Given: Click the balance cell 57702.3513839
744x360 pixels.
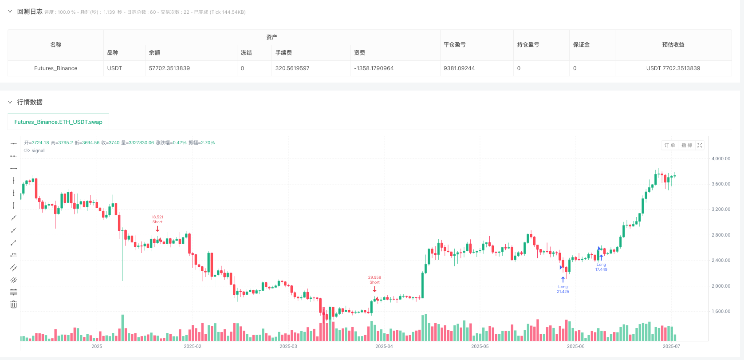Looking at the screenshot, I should point(169,68).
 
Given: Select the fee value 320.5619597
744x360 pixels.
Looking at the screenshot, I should point(292,68).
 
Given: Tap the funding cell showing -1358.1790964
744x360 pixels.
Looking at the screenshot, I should point(374,68).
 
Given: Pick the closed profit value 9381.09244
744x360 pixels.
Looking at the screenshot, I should point(459,68).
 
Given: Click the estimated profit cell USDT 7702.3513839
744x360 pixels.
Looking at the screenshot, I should point(673,68).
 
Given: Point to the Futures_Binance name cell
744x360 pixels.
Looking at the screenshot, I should point(55,68).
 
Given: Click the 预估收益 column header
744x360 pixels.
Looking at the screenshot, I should point(673,45).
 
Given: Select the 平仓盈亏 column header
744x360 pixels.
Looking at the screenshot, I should point(455,45).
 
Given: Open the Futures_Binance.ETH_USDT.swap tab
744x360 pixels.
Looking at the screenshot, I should point(58,122).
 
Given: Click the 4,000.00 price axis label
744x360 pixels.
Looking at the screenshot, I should point(720,158).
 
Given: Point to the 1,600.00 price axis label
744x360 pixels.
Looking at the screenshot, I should point(720,312).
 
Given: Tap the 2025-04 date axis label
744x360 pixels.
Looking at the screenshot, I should point(384,346).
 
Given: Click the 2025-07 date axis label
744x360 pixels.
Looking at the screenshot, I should point(671,346).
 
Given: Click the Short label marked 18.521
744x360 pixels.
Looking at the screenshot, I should point(157,220).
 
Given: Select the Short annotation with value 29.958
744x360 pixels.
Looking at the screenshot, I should point(374,280).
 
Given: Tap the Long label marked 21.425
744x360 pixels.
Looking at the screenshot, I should point(563,289).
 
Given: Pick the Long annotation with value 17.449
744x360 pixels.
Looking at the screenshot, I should point(601,267).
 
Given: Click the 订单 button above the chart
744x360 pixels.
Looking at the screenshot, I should point(669,146).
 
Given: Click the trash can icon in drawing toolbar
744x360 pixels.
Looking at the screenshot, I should point(14,305).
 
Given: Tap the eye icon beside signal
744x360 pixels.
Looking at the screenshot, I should point(27,151).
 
